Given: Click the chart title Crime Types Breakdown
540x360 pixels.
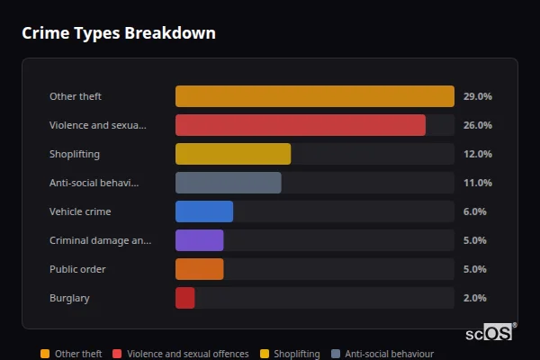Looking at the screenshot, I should click(119, 33).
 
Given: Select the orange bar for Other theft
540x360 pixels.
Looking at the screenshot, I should click(314, 96).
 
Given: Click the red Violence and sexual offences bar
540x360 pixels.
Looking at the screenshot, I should click(300, 125).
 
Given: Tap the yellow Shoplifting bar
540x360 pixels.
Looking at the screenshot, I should click(232, 154).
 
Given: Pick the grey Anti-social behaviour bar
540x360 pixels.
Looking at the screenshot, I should click(228, 183).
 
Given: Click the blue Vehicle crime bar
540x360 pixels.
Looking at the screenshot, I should click(203, 211).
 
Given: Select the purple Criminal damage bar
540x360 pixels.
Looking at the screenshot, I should click(199, 240).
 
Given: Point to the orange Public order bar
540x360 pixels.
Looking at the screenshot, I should click(199, 269).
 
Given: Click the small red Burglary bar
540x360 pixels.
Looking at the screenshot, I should click(184, 298).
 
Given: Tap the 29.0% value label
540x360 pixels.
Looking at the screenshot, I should click(477, 96).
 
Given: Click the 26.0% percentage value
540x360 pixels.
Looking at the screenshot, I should click(477, 125).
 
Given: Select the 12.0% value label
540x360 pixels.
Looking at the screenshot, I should click(477, 154).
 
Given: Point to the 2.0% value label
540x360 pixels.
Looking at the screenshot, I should click(474, 298).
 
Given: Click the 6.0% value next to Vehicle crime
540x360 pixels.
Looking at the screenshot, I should click(474, 211).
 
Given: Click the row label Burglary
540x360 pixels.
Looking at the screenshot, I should click(69, 298).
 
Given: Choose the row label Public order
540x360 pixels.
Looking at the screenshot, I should click(77, 269).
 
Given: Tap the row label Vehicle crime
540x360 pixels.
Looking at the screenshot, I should click(79, 211).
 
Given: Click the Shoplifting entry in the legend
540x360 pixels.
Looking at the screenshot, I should click(296, 355).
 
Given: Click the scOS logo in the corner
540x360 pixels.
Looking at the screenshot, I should click(491, 333).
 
